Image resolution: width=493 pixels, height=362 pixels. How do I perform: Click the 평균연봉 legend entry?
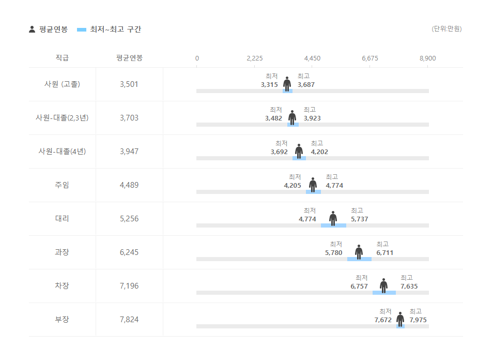point(48,29)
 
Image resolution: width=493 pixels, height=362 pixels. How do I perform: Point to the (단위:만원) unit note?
point(446,29)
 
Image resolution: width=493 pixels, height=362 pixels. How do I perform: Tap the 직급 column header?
point(62,58)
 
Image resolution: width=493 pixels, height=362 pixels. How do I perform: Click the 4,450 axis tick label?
point(312,58)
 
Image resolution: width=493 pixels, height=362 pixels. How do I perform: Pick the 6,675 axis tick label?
point(370,58)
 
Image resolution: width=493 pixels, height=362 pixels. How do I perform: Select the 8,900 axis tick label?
point(427,58)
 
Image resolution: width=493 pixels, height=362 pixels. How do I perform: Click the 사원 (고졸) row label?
point(62,84)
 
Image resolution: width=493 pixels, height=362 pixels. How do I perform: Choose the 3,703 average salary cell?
point(129,118)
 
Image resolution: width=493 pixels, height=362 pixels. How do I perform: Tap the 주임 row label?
point(62,185)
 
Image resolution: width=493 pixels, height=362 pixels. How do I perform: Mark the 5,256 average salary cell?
point(129,219)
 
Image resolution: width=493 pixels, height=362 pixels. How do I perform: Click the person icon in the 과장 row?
point(359,252)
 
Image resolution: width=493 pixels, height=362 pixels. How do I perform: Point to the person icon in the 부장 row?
point(400,319)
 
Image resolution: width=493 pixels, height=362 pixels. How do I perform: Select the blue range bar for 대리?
point(333,225)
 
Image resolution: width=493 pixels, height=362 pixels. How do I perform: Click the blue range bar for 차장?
point(384,293)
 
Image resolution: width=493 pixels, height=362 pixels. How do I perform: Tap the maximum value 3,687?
point(306,85)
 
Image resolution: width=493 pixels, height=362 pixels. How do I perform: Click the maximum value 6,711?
point(384,253)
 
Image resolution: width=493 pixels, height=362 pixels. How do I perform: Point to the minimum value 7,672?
point(383,320)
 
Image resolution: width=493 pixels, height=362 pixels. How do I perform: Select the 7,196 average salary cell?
point(129,286)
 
